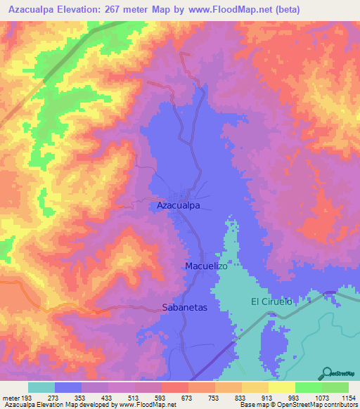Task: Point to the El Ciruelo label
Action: [x=271, y=301]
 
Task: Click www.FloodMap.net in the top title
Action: [x=232, y=9]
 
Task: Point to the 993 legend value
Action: [x=282, y=398]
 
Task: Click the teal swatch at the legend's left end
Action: [x=41, y=387]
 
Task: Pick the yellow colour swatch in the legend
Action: [x=281, y=387]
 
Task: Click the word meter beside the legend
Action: [x=11, y=398]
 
